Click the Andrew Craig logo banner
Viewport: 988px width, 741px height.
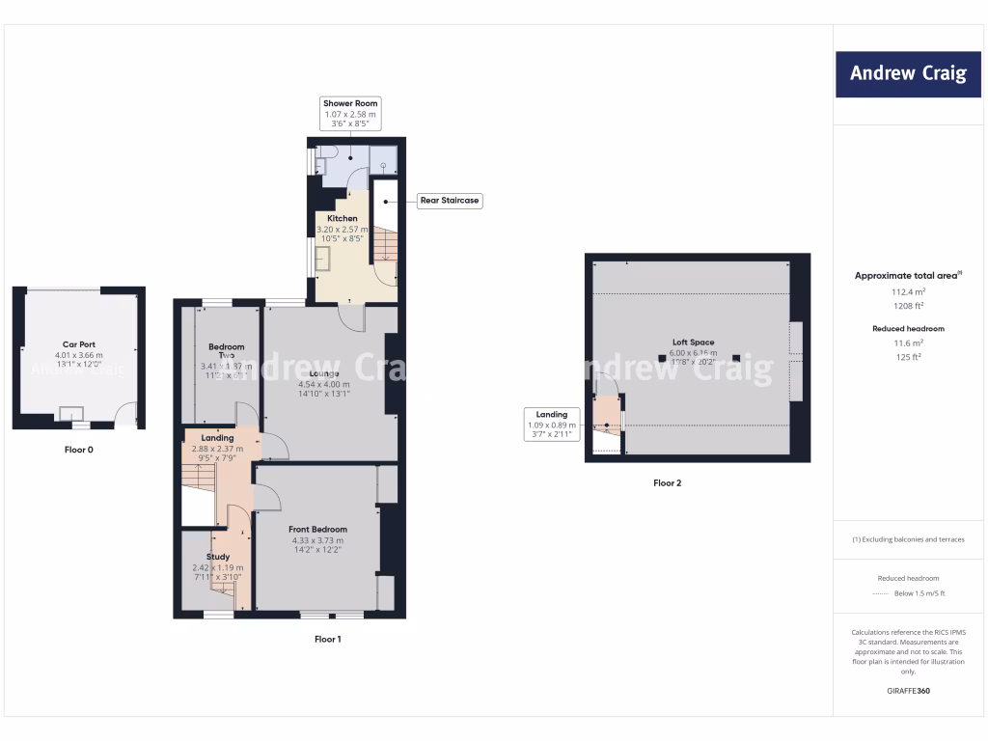[x=908, y=73]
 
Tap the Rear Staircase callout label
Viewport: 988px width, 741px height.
[x=449, y=201]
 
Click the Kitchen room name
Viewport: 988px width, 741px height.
[x=343, y=219]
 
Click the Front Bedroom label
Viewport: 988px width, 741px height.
[x=317, y=530]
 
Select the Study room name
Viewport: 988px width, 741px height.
[x=218, y=557]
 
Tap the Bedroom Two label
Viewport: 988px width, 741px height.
[x=227, y=351]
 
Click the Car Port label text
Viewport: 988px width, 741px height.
[x=79, y=344]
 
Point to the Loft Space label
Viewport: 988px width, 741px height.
[x=694, y=343]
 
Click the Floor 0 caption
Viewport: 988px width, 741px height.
[x=79, y=450]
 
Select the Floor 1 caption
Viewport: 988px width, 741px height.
[x=327, y=639]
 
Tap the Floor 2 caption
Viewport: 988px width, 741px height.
[x=667, y=482]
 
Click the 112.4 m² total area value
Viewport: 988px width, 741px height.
[x=908, y=291]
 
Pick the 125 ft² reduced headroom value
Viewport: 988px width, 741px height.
[x=908, y=357]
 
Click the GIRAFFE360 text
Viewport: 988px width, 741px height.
[x=908, y=691]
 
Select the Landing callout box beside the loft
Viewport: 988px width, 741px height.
[x=551, y=425]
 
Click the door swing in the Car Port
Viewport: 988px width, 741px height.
[x=126, y=417]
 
